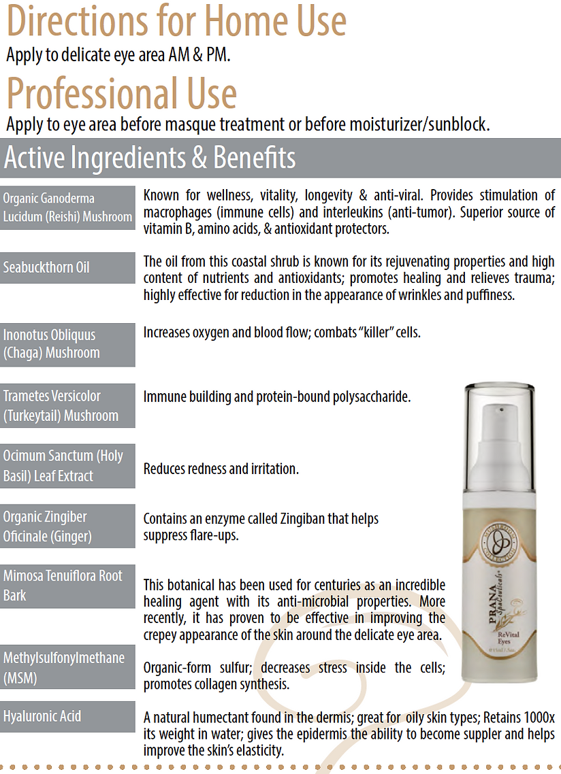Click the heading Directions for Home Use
click(176, 21)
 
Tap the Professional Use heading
click(122, 94)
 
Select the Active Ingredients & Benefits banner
click(150, 158)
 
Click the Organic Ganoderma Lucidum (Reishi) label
click(67, 207)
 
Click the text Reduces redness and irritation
click(221, 469)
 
